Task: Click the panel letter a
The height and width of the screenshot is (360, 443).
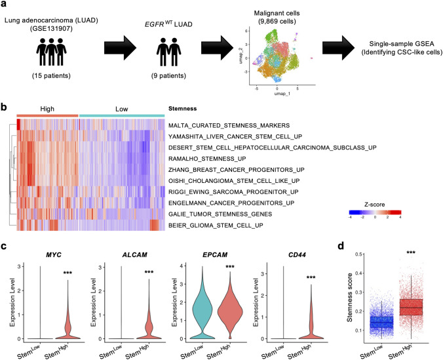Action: pos(5,5)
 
